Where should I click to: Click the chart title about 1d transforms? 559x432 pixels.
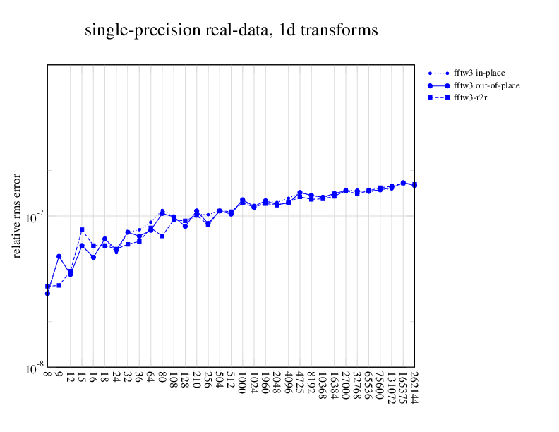(231, 31)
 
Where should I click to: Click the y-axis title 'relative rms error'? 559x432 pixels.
(17, 215)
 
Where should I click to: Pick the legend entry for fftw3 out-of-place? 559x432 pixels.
(487, 85)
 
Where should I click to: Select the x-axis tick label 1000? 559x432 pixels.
(242, 384)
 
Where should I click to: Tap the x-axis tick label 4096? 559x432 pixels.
(288, 384)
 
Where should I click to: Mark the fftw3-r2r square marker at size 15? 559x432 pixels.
(82, 229)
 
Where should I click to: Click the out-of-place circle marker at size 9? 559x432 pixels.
(59, 256)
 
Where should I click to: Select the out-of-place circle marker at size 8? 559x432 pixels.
(47, 293)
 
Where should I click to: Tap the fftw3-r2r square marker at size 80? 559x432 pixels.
(162, 236)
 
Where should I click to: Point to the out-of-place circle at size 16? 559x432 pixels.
(93, 258)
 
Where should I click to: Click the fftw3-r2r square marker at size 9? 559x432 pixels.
(59, 285)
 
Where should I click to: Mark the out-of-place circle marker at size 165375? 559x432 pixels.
(403, 183)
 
